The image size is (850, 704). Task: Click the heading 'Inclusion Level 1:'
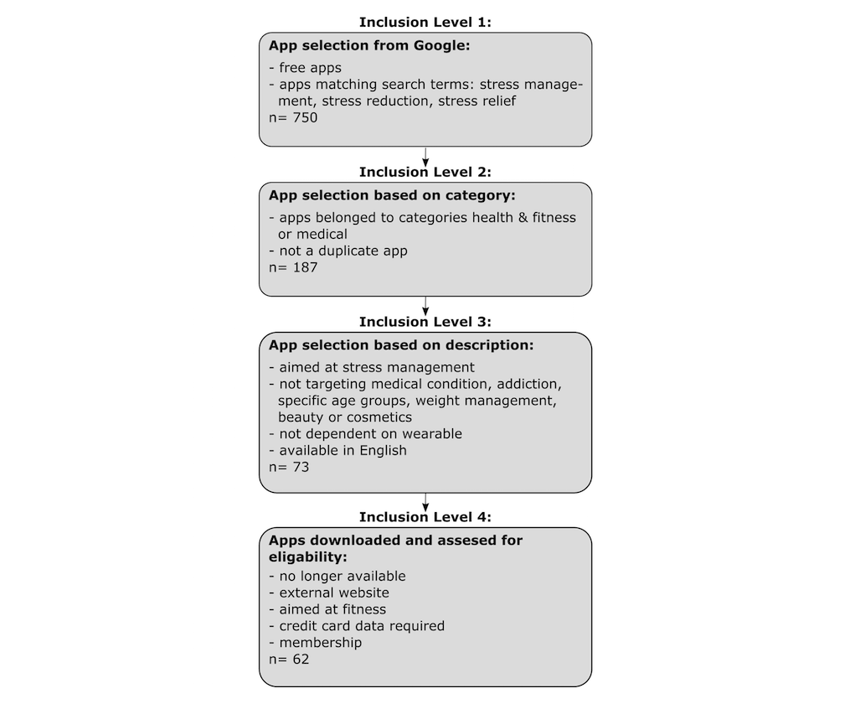tap(425, 22)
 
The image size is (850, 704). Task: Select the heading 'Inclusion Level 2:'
tap(425, 172)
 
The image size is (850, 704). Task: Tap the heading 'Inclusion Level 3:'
tap(425, 322)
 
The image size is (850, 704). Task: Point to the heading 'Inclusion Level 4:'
tap(425, 516)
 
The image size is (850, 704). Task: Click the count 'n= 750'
tap(293, 117)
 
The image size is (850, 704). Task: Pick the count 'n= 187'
tap(293, 267)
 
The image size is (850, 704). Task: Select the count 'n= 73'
tap(289, 467)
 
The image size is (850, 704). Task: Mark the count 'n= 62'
tap(289, 659)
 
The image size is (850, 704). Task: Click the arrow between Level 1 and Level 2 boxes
tap(425, 156)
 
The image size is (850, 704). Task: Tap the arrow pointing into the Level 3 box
tap(425, 306)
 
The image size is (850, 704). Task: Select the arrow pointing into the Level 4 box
tap(425, 500)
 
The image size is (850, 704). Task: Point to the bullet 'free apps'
tap(306, 68)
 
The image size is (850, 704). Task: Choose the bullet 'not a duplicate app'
tap(338, 251)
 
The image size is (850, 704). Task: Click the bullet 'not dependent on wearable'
tap(365, 433)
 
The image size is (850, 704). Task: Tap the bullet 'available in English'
tap(337, 450)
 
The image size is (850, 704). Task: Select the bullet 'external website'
tap(329, 593)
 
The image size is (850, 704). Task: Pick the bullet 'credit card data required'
tap(357, 625)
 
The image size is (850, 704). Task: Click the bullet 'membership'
tap(316, 642)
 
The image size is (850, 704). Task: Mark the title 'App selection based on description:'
tap(401, 344)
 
